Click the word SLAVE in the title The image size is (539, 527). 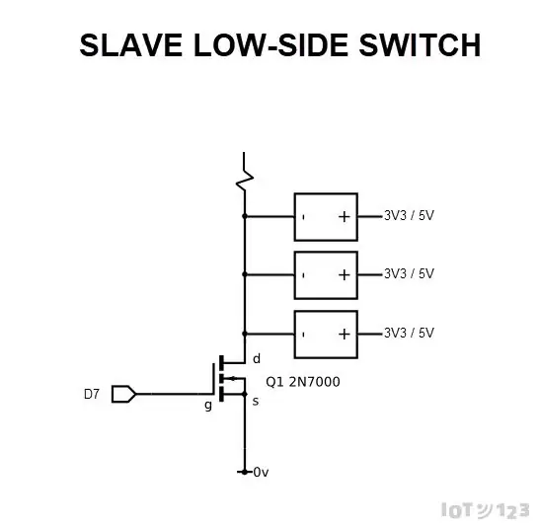130,45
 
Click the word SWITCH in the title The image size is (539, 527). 420,45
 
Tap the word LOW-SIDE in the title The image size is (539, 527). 270,45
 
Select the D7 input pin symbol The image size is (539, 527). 123,394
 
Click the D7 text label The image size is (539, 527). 92,394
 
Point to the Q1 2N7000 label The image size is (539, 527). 303,382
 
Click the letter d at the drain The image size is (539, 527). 257,358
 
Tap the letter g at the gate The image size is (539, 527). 208,406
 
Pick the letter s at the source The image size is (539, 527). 256,402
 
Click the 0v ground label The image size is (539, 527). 261,473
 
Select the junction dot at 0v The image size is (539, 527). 245,472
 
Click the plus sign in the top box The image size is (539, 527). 345,217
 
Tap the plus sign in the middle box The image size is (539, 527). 345,274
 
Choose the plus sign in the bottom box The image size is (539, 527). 345,334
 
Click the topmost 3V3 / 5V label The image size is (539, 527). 409,215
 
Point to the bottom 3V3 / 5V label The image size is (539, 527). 409,333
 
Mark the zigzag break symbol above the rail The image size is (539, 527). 245,172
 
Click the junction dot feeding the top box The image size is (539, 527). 245,216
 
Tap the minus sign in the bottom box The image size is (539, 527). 303,335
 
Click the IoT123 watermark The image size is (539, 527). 486,510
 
